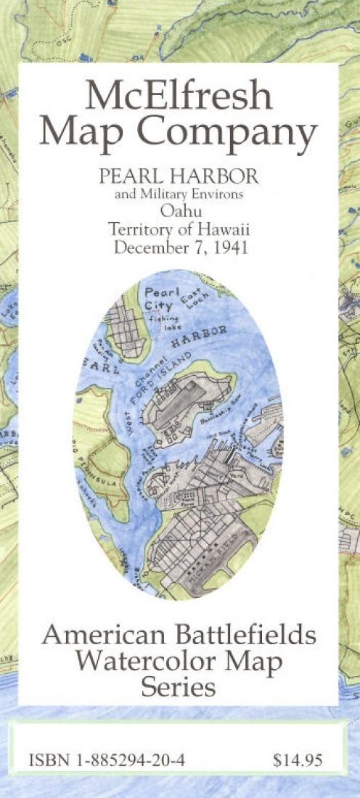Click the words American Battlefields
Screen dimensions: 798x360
[x=179, y=635]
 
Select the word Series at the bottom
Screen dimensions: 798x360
[x=179, y=686]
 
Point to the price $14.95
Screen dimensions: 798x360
[x=297, y=762]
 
